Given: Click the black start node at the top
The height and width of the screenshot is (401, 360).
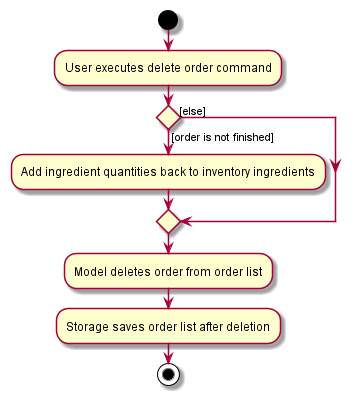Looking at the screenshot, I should point(168,19).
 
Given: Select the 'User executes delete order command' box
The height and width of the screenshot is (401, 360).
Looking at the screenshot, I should point(168,69).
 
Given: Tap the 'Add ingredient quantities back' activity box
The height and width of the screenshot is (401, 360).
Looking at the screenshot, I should point(168,172).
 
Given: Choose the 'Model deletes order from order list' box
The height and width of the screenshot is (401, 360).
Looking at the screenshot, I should point(168,271).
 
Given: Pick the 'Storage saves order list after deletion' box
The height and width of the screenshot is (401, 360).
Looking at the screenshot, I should point(168,325).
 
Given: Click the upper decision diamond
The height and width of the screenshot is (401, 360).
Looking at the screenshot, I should point(168,118).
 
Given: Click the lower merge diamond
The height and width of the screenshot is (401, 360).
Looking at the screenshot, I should point(168,220).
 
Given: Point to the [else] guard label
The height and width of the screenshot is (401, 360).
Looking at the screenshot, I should point(192,109).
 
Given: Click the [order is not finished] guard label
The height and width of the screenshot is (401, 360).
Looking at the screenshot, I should point(222,136).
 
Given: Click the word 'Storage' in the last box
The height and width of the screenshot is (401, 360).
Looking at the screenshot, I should point(88,326).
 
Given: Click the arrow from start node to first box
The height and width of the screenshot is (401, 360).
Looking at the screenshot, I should point(168,41).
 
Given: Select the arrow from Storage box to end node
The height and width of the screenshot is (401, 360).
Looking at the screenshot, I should point(168,352).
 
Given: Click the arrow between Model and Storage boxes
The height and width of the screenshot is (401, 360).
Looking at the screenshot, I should point(168,298).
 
